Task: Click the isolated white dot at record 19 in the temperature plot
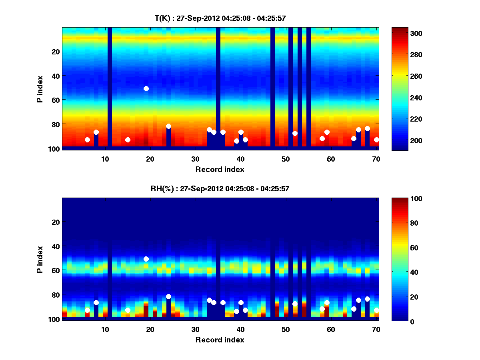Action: point(146,88)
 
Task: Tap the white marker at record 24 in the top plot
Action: point(168,126)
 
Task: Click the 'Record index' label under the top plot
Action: point(220,169)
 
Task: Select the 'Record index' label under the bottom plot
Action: point(220,340)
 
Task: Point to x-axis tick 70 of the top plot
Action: point(376,159)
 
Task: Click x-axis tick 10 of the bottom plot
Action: point(105,329)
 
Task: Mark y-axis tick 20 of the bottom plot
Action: point(55,222)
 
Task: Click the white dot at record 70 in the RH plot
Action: point(376,310)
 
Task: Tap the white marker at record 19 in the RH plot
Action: point(146,259)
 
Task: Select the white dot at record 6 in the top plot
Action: point(87,140)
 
